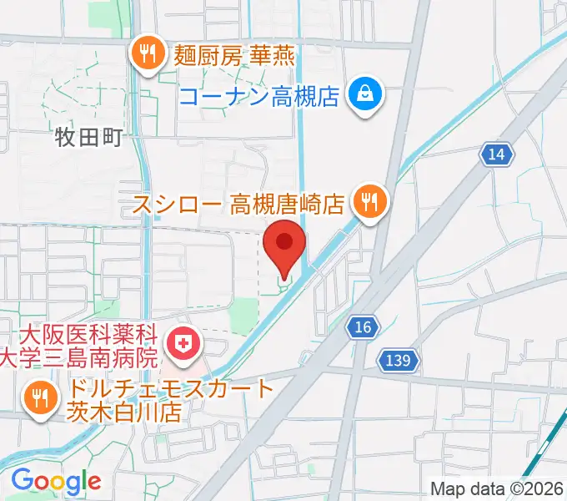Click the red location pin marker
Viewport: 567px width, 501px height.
pyautogui.click(x=284, y=245)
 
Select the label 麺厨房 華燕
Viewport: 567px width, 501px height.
pyautogui.click(x=234, y=56)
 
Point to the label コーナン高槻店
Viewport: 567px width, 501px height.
pyautogui.click(x=261, y=97)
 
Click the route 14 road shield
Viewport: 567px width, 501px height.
pyautogui.click(x=497, y=153)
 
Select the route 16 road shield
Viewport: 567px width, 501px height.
pyautogui.click(x=361, y=327)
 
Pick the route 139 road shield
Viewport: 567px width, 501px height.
pyautogui.click(x=399, y=360)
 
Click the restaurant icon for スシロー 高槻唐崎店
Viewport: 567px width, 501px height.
pyautogui.click(x=367, y=200)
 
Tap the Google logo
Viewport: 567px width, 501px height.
pyautogui.click(x=56, y=481)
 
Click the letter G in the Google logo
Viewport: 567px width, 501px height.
pyautogui.click(x=23, y=480)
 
